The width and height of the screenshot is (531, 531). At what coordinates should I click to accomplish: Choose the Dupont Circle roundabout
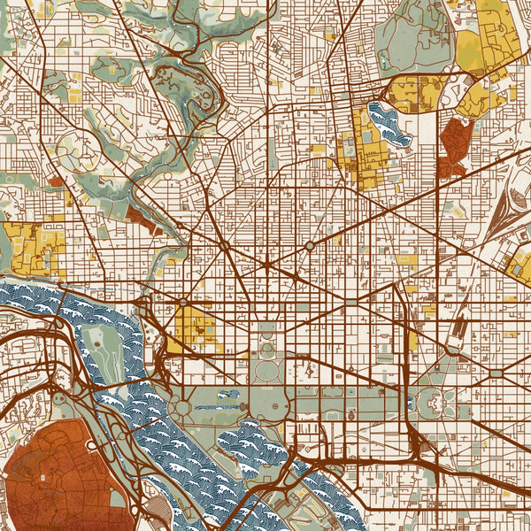pyautogui.click(x=226, y=244)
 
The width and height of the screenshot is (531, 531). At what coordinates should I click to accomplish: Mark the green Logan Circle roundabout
pyautogui.click(x=309, y=245)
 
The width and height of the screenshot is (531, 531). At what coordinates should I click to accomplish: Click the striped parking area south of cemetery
pyautogui.click(x=158, y=508)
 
